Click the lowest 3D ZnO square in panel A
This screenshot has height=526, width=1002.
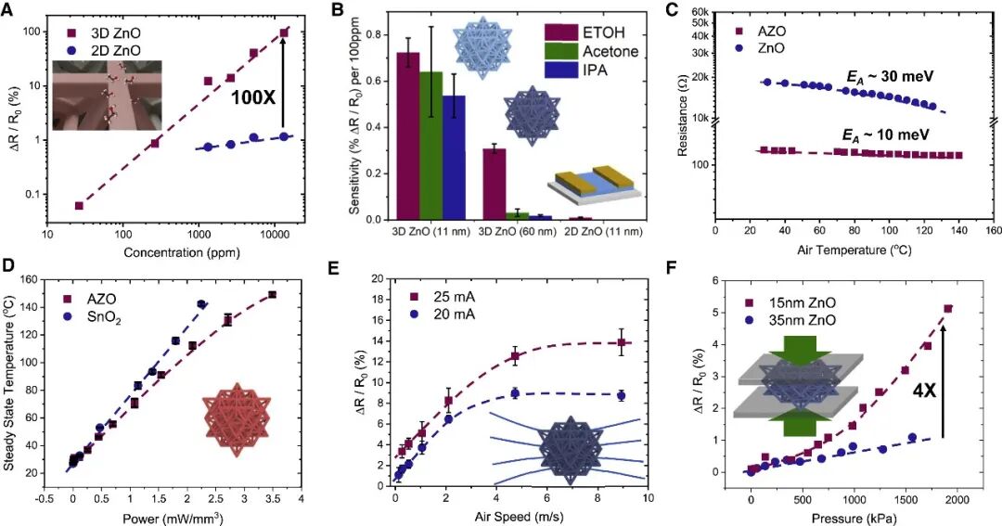(x=80, y=205)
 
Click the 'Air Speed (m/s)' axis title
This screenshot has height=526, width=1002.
(x=520, y=519)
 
